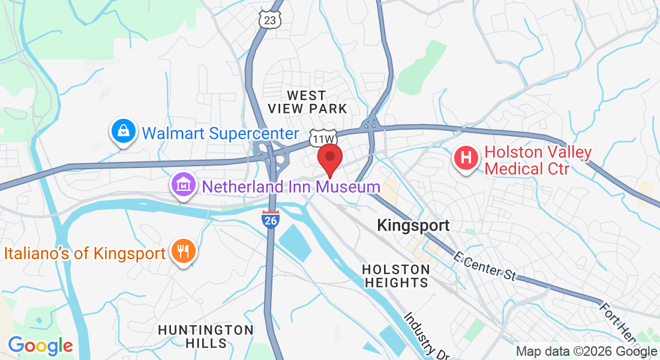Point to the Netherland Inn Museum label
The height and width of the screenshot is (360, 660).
291,187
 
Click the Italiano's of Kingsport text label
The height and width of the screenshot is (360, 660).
85,253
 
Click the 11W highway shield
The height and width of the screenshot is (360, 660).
321,137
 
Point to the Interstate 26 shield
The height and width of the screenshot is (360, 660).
271,220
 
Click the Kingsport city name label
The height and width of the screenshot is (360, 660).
413,226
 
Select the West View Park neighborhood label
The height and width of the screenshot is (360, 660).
307,102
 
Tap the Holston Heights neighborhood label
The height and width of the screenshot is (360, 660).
396,275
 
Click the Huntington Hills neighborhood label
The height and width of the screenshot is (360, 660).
205,337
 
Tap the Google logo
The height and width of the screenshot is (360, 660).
40,346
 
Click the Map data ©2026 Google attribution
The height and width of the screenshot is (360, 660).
587,352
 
